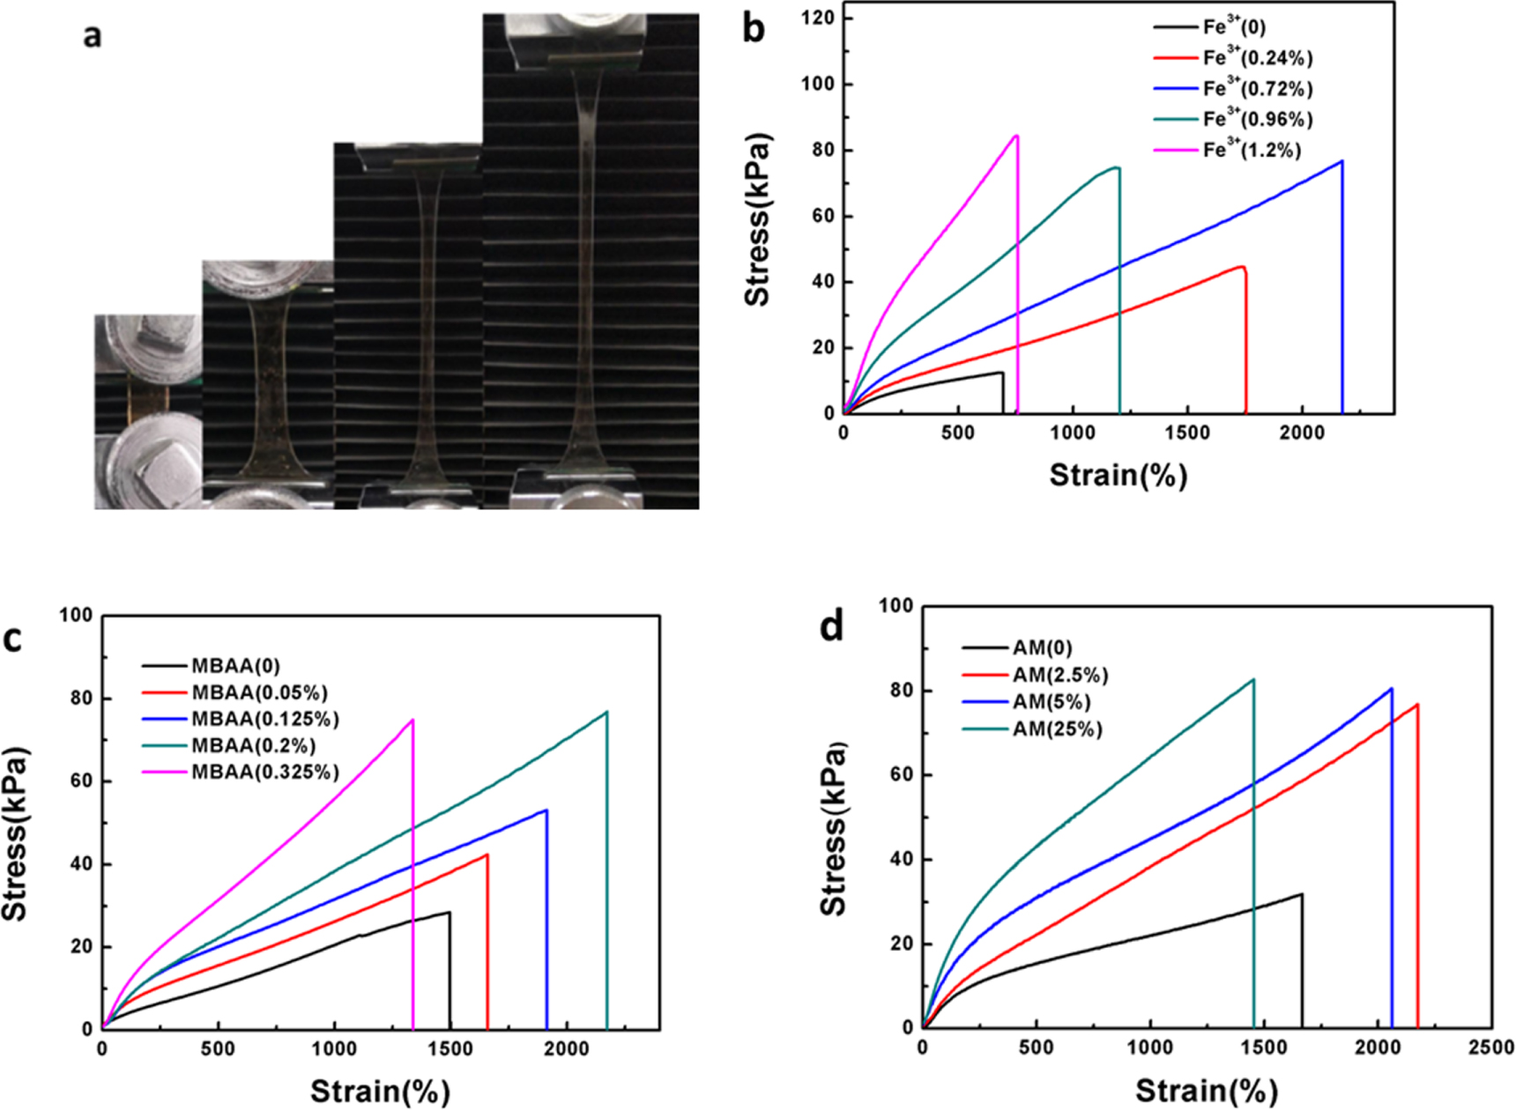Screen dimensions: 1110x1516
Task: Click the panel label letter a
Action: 92,37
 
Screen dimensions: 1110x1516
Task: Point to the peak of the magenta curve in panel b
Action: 1017,136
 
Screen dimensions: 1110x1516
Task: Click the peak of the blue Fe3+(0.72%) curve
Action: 1341,161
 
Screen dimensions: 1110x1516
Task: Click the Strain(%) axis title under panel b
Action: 1118,476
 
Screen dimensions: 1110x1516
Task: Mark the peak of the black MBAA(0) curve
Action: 449,913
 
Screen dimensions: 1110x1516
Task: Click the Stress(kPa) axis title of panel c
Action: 15,832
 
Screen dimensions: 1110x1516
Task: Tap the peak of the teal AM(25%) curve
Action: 1252,680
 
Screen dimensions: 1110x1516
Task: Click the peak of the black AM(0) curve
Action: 1301,895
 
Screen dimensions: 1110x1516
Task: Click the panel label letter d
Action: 832,627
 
